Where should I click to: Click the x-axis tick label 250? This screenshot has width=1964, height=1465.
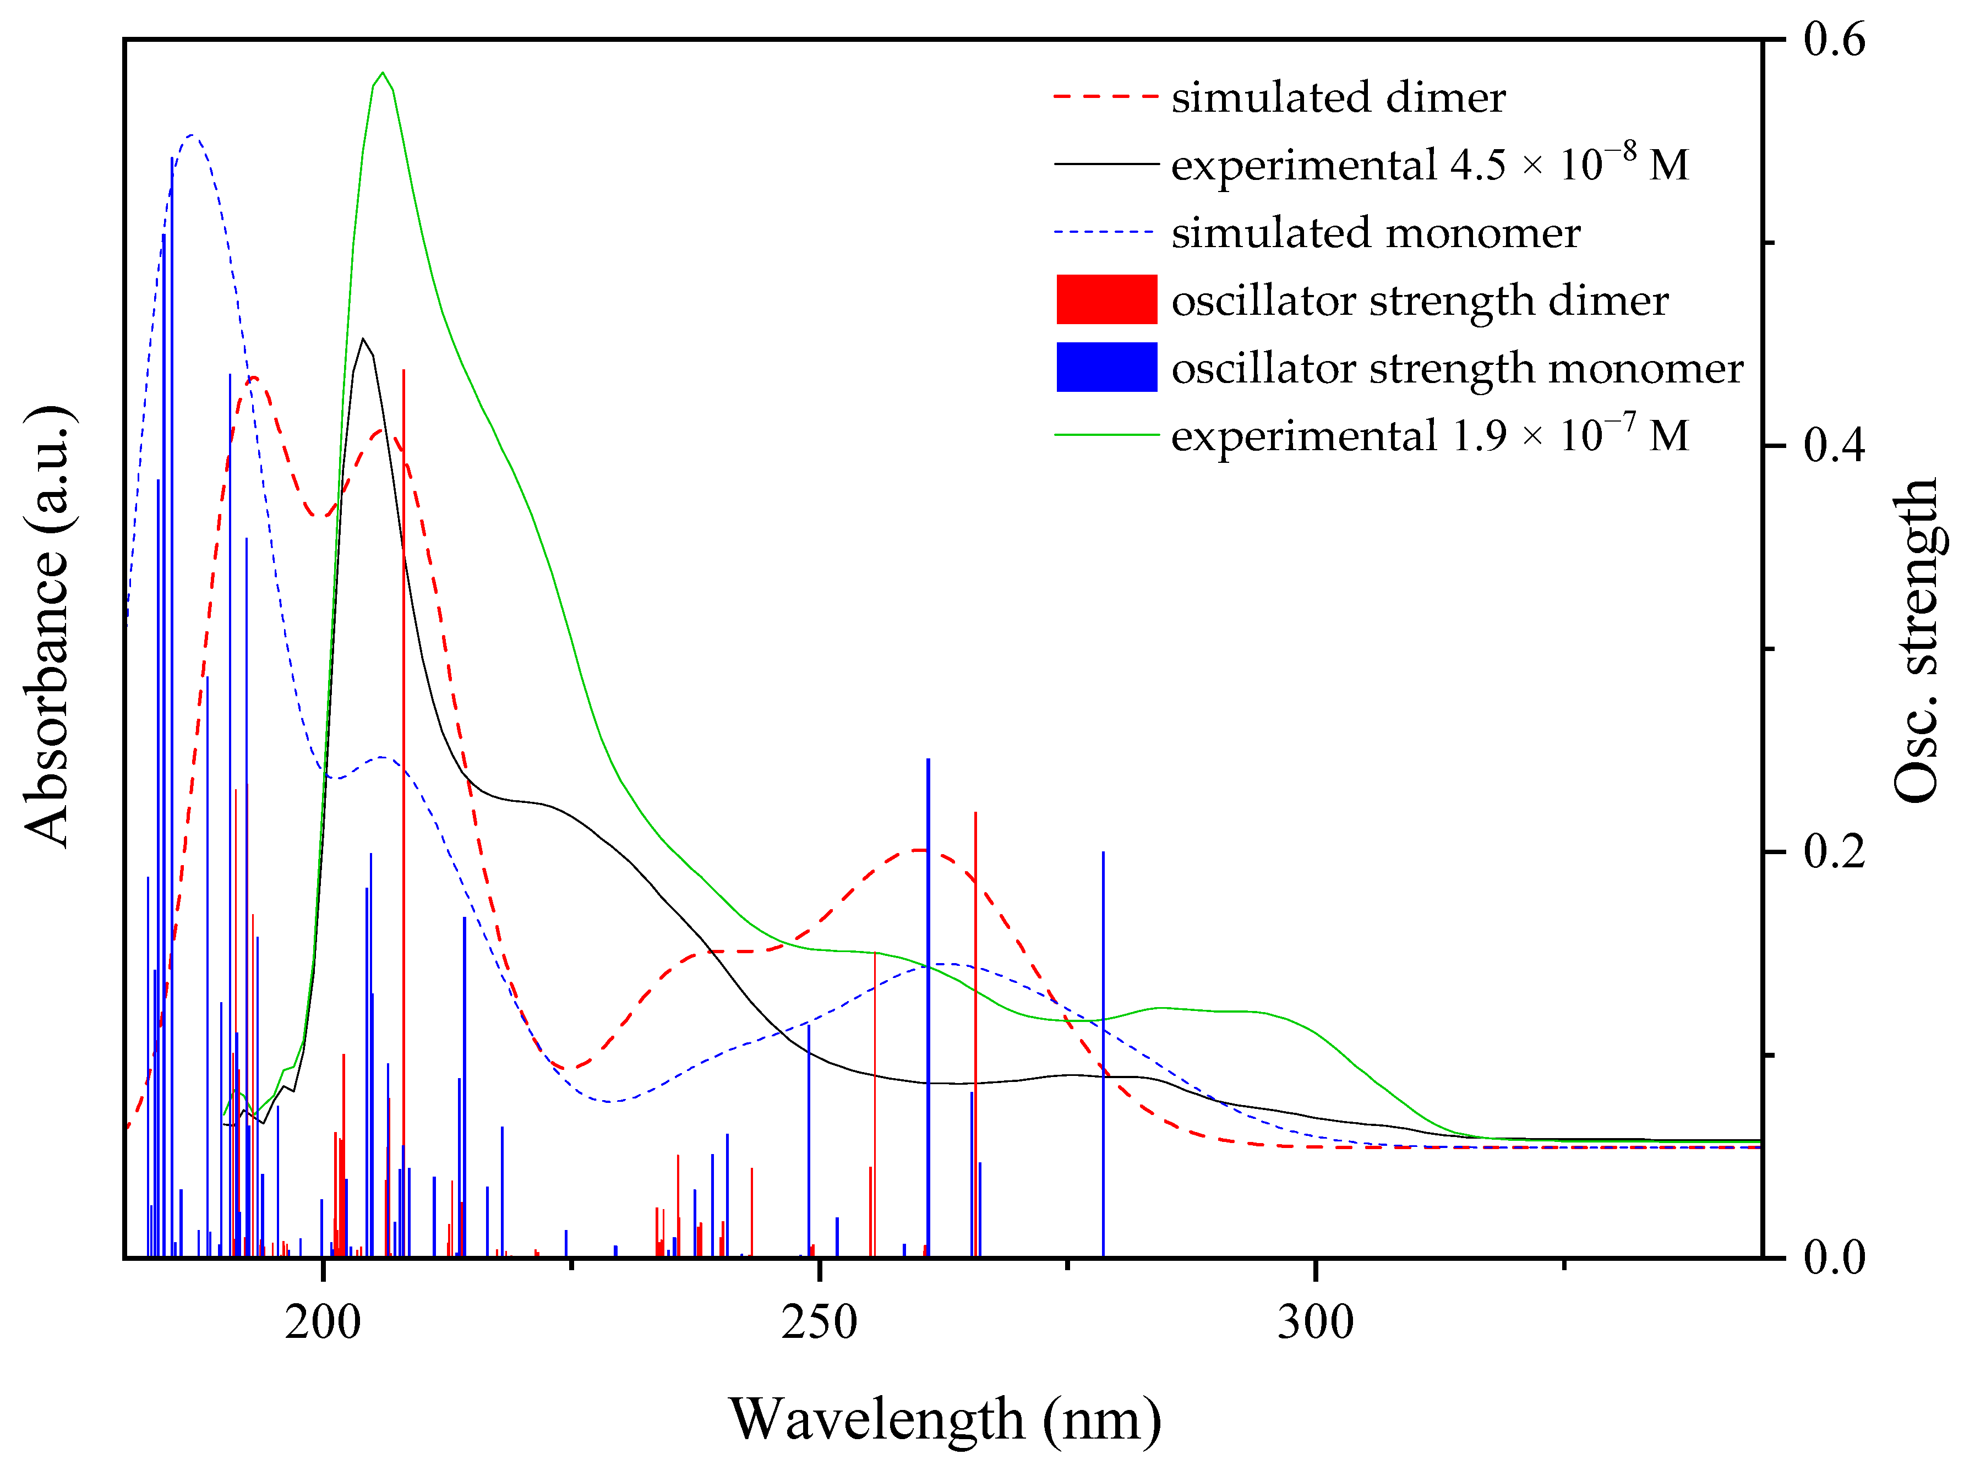coord(819,1322)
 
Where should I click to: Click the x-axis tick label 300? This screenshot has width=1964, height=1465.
coord(1314,1322)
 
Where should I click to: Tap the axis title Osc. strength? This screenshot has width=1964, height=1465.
coord(1916,638)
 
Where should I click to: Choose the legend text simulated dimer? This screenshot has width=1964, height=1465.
coord(1337,97)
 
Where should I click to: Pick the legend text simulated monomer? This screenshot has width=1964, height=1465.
coord(1375,232)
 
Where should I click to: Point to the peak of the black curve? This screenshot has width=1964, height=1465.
coord(362,339)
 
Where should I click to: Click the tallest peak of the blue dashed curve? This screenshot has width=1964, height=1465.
coord(192,135)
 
